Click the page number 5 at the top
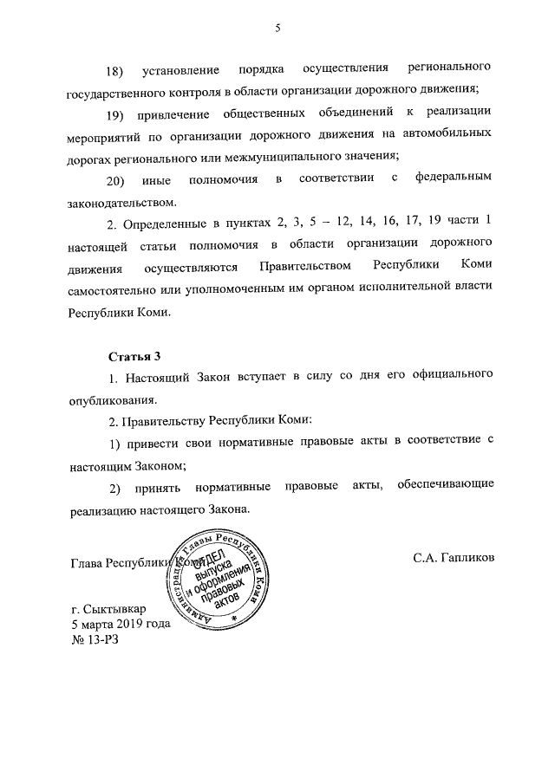point(277,28)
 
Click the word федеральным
point(454,179)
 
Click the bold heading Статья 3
point(134,357)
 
